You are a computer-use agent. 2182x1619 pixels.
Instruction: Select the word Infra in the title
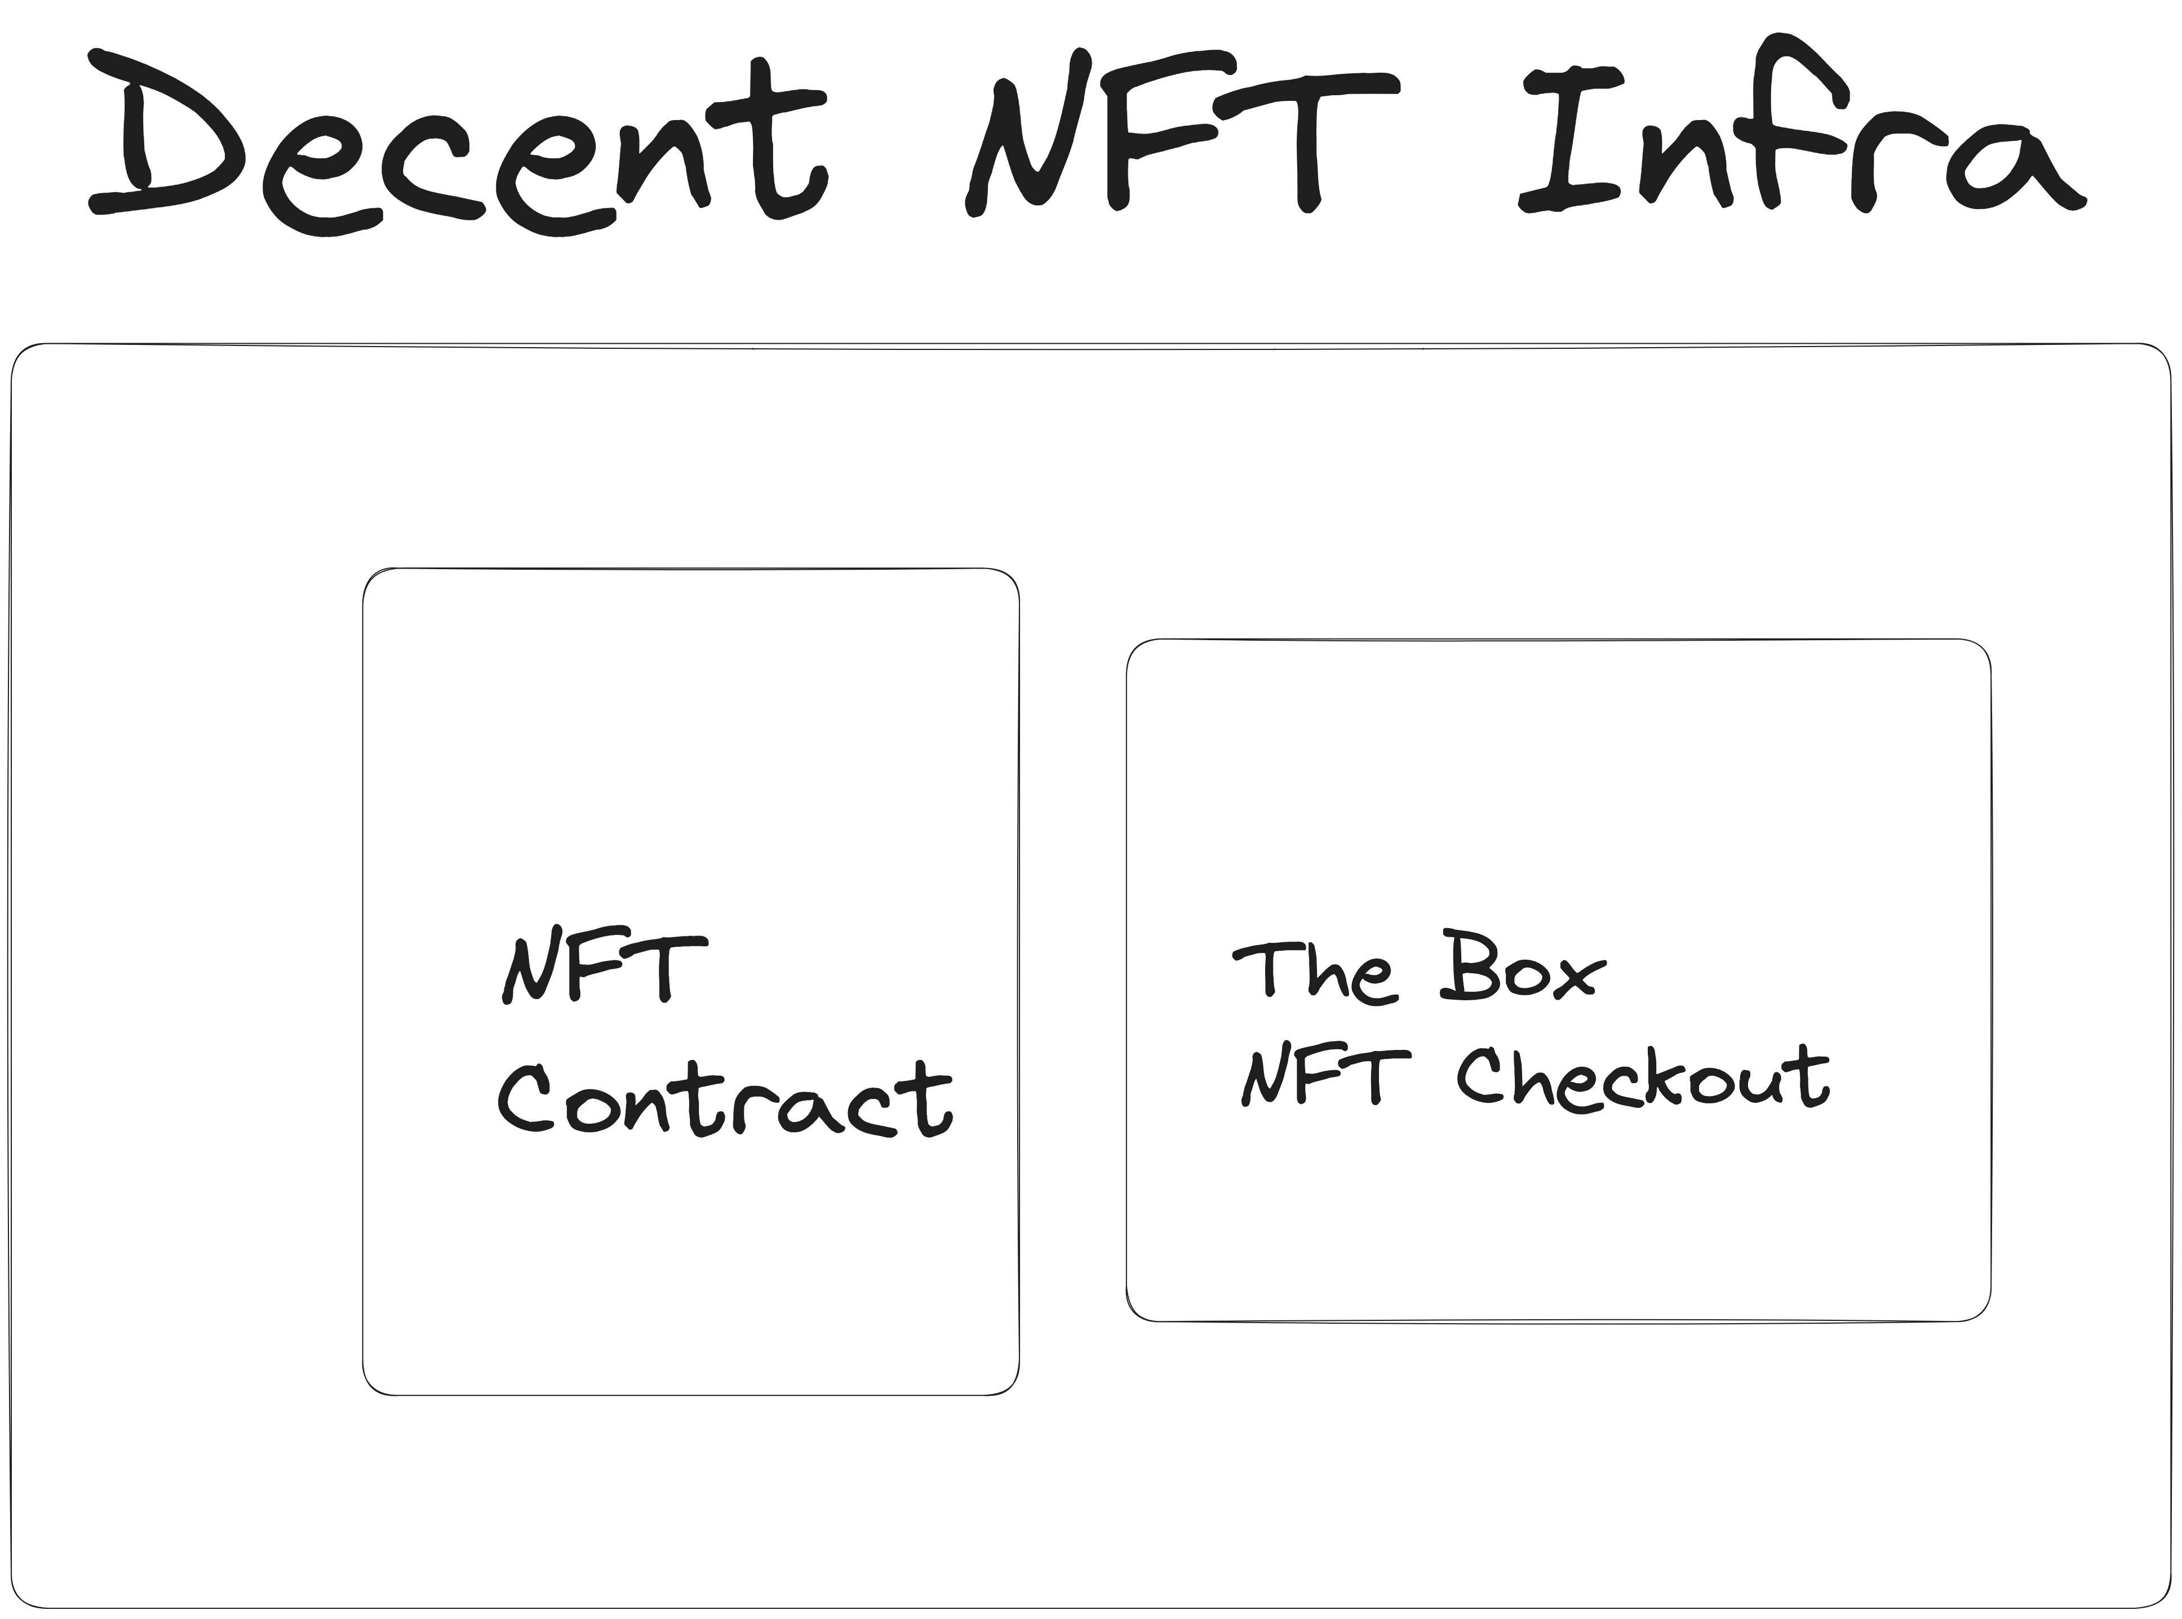click(x=1798, y=142)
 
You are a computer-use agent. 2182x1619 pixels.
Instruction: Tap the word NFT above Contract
click(x=602, y=970)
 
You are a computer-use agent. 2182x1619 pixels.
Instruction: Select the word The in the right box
click(x=1313, y=975)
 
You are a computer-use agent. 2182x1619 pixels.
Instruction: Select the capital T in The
click(x=1264, y=970)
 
